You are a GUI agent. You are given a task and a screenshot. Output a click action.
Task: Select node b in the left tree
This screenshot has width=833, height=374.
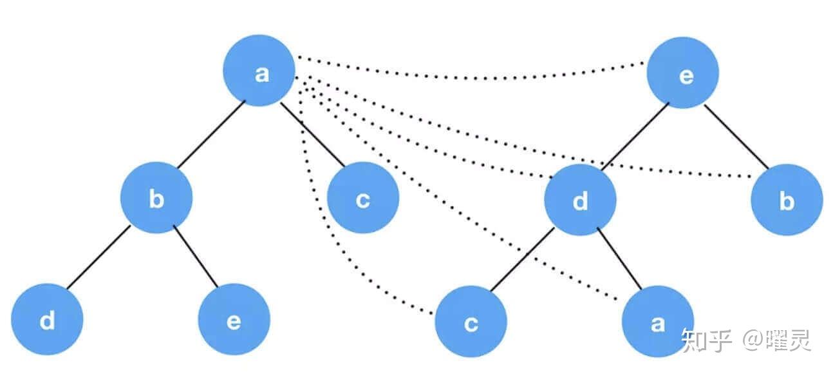pos(156,199)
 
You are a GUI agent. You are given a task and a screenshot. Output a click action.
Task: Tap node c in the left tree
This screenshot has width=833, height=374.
pos(362,199)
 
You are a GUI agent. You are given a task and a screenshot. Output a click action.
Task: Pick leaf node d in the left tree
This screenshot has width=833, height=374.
pos(47,320)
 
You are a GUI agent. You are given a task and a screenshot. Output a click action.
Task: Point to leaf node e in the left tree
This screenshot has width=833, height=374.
pos(234,320)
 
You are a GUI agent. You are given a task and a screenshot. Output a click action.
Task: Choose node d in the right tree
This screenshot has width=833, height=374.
pos(580,201)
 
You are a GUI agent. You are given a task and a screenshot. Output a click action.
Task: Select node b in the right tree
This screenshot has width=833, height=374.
pos(786,201)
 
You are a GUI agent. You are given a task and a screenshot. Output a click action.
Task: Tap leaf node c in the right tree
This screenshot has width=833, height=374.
pos(471,322)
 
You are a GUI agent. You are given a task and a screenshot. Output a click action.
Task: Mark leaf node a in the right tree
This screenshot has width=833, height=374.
pos(657,322)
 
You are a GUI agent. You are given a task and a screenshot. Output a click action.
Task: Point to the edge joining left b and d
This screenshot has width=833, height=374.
pos(98,258)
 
